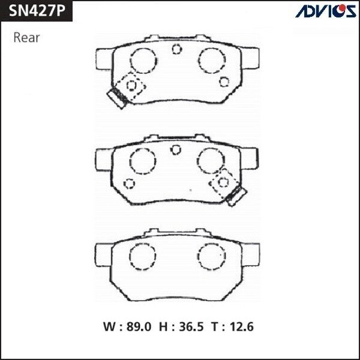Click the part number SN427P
37,11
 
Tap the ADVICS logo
326,11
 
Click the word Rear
26,38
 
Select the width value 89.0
139,326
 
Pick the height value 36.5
191,326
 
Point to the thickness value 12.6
242,326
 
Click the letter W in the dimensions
110,326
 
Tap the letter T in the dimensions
215,326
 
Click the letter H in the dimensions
163,326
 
